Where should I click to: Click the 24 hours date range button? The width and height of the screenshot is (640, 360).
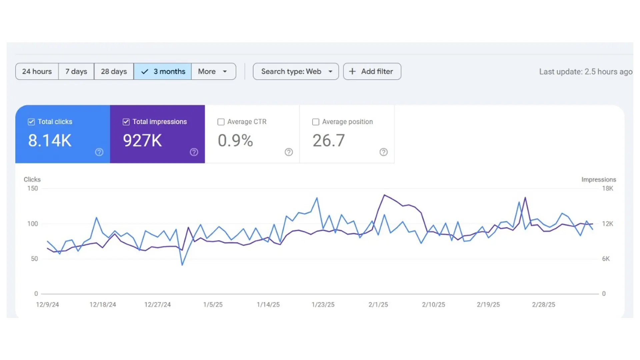(37, 71)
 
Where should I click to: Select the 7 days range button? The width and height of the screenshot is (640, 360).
(76, 71)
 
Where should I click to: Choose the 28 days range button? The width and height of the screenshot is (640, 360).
(114, 71)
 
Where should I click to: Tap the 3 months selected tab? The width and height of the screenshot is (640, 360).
(163, 71)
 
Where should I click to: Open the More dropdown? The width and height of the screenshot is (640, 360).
(214, 71)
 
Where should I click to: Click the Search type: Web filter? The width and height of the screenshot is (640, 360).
(296, 71)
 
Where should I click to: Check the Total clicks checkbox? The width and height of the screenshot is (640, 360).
(31, 122)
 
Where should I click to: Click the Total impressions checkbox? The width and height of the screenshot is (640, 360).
(126, 122)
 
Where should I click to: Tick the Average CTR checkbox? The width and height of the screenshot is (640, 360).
(221, 122)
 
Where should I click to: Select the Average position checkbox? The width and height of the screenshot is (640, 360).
(316, 122)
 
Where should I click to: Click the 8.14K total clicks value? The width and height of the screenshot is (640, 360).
(50, 140)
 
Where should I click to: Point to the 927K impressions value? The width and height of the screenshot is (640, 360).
(142, 140)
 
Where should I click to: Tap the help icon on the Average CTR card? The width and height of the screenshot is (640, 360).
(289, 152)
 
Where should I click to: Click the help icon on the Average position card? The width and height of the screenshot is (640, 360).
(384, 152)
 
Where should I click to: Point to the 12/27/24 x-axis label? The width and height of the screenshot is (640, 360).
(157, 305)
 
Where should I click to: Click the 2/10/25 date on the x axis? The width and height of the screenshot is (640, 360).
(434, 305)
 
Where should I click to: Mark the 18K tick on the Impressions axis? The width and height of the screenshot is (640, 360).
(608, 188)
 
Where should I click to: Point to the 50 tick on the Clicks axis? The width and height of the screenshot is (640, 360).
(34, 259)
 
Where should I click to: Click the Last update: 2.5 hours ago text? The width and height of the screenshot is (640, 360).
(586, 72)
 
